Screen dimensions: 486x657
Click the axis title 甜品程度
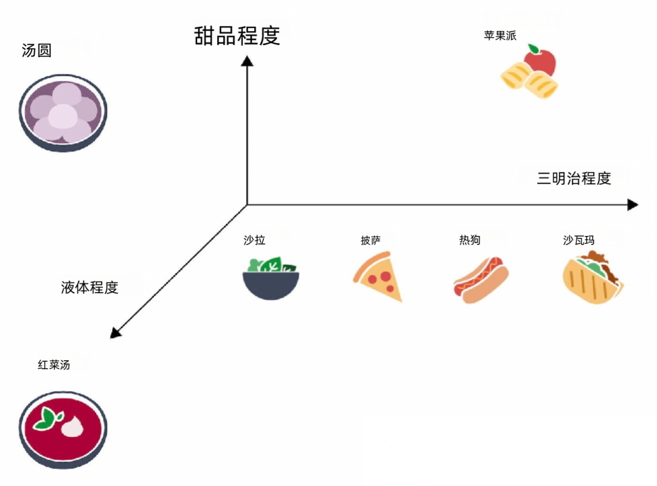pyautogui.click(x=237, y=35)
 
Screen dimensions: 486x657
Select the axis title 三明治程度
pyautogui.click(x=574, y=178)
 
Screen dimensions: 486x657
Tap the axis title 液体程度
pyautogui.click(x=89, y=287)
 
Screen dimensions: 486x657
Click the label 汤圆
pyautogui.click(x=36, y=50)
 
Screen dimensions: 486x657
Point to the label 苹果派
pyautogui.click(x=500, y=35)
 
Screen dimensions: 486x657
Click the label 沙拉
pyautogui.click(x=254, y=240)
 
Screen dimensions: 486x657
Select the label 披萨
pyautogui.click(x=370, y=241)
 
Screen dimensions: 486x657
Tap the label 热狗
pyautogui.click(x=470, y=240)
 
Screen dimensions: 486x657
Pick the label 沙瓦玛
pyautogui.click(x=579, y=240)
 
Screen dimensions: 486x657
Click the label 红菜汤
pyautogui.click(x=54, y=365)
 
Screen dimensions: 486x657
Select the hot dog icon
pyautogui.click(x=481, y=280)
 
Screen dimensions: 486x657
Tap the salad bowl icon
pyautogui.click(x=271, y=279)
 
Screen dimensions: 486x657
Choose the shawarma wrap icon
pyautogui.click(x=592, y=279)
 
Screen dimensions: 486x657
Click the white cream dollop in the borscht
pyautogui.click(x=72, y=426)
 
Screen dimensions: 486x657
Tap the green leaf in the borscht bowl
pyautogui.click(x=48, y=418)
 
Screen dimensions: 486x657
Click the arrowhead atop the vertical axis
pyautogui.click(x=247, y=61)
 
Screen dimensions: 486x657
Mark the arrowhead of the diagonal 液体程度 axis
pyautogui.click(x=115, y=333)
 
